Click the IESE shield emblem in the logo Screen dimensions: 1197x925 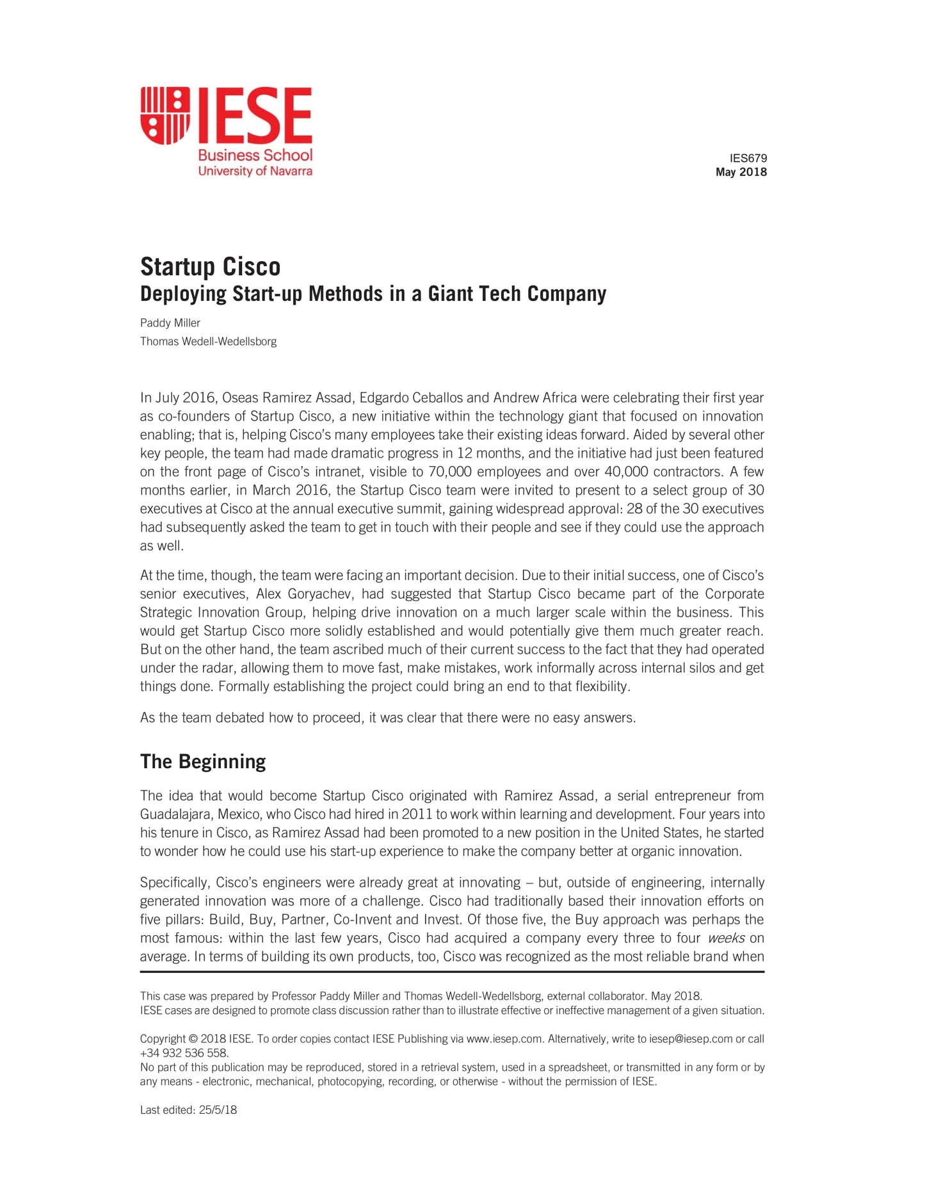click(165, 115)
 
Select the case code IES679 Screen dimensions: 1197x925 click(748, 158)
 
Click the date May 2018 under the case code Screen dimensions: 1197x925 click(741, 172)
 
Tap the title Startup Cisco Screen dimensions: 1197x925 click(210, 266)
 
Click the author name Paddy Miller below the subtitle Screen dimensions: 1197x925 click(170, 323)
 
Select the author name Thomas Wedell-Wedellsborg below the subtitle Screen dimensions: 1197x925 click(208, 342)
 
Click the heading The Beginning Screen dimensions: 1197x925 click(203, 762)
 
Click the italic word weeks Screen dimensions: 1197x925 click(726, 938)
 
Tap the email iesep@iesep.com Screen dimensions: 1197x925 click(691, 1039)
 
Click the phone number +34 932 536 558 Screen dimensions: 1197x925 click(184, 1053)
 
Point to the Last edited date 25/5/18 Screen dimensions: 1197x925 click(218, 1110)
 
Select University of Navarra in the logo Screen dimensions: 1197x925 click(255, 171)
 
